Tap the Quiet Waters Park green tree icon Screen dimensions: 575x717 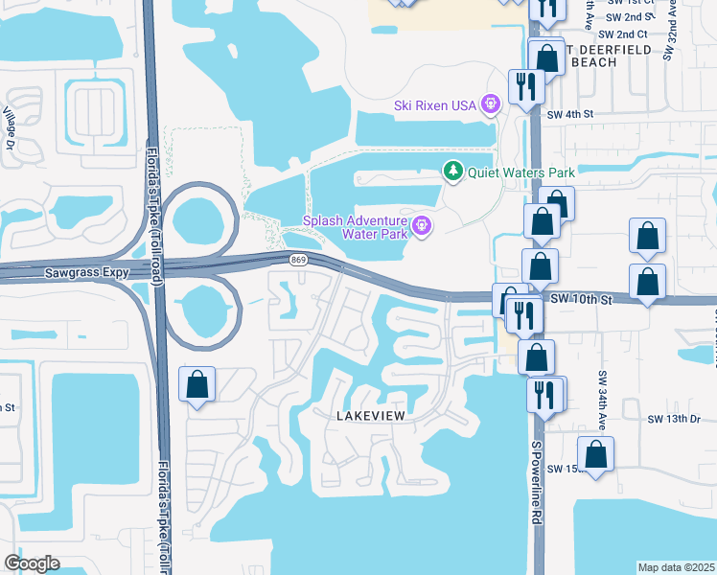point(452,172)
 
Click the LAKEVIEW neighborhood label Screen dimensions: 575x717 point(370,416)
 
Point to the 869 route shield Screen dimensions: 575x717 point(298,260)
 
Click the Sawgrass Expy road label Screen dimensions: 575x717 point(87,273)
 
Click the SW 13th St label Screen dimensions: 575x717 point(669,419)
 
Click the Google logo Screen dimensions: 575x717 point(32,563)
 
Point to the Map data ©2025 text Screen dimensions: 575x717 point(677,567)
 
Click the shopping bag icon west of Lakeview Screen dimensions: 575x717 point(197,386)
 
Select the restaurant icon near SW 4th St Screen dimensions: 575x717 point(525,86)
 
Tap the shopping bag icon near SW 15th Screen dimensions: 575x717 point(595,455)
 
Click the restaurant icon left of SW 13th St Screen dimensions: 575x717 point(544,393)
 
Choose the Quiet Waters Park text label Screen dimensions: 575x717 point(520,173)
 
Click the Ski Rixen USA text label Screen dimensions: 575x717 point(434,105)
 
